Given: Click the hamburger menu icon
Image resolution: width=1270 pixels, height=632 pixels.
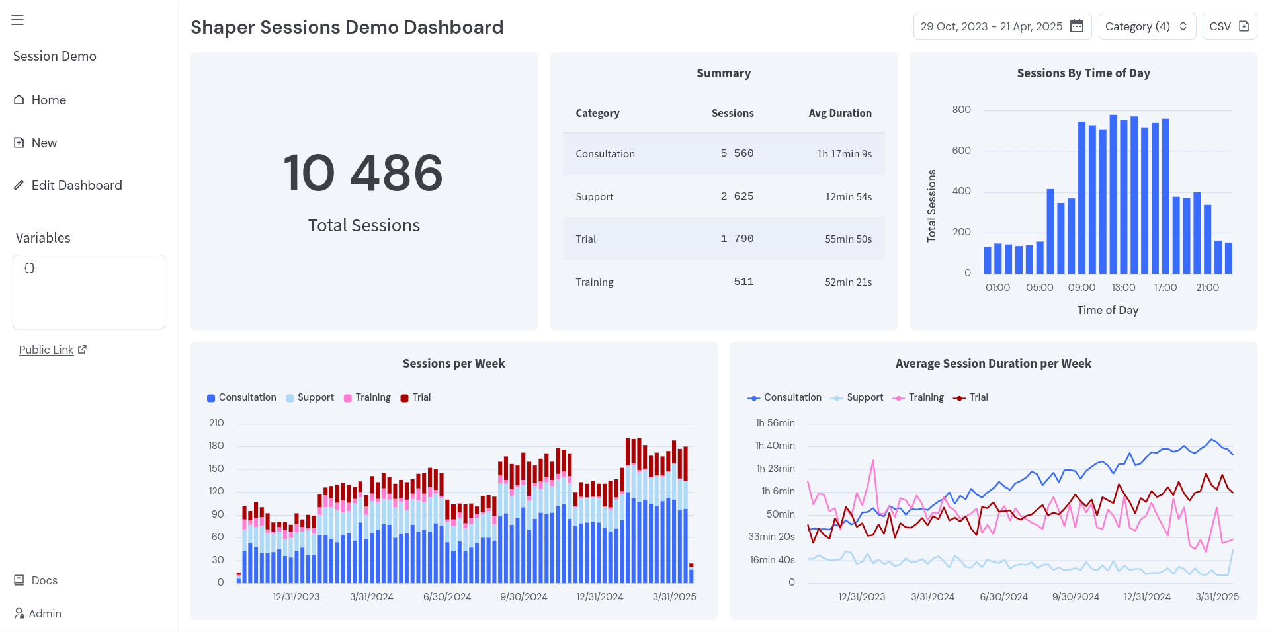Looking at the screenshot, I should pos(18,20).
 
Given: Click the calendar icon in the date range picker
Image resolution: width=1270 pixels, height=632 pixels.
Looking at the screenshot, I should pos(1077,26).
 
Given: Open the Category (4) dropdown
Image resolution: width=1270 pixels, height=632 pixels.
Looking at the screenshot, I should pos(1146,26).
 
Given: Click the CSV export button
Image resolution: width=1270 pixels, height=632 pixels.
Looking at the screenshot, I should pos(1229,26).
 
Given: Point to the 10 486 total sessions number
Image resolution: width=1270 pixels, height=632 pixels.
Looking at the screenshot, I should pos(363,173).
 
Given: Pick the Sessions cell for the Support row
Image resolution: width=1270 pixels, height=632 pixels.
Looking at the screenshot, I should pos(737,196).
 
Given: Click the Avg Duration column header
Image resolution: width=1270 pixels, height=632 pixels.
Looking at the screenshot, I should pos(839,113).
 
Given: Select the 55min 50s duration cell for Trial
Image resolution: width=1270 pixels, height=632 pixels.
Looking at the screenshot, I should pos(848,239).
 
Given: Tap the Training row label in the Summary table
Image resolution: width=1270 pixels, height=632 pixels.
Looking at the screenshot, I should pos(594,282).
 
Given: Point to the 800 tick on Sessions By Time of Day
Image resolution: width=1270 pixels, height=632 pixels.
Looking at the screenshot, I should pos(961,110).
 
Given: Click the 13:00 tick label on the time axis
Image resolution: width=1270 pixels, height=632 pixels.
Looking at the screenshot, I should pos(1123,288).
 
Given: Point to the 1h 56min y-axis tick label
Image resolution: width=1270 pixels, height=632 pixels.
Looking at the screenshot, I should pos(775,423).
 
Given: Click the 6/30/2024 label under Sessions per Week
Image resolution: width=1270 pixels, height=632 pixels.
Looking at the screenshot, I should pos(447,597).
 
